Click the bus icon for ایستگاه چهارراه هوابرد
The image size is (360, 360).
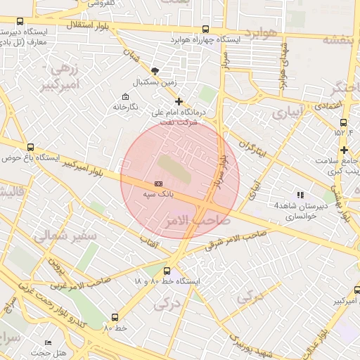(x=205, y=30)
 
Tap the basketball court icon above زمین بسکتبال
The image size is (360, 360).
(x=155, y=71)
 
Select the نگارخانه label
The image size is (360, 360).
(x=126, y=107)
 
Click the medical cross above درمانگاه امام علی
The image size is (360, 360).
(x=179, y=101)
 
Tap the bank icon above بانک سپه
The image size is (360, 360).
(x=158, y=184)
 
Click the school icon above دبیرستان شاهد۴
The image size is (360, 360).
(x=300, y=195)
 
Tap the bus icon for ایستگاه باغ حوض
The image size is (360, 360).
(x=30, y=147)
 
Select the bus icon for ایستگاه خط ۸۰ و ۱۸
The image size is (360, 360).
(x=166, y=271)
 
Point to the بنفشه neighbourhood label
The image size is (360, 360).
(x=340, y=39)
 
